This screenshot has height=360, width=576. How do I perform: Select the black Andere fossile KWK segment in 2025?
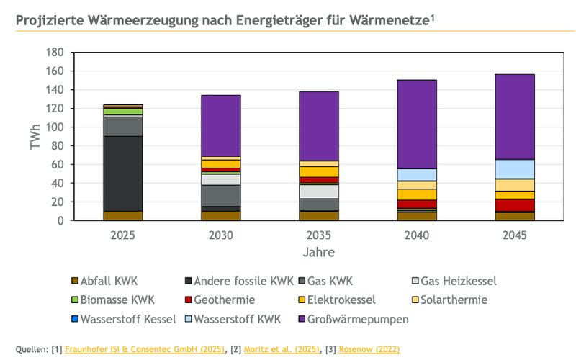point(122,173)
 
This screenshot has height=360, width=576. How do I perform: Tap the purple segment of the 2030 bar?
point(220,125)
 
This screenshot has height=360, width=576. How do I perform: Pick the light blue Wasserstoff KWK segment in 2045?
point(515,168)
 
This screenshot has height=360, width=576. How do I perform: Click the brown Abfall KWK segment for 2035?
point(319,215)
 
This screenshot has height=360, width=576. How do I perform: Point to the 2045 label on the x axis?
point(515,235)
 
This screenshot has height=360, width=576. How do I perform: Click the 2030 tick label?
point(220,235)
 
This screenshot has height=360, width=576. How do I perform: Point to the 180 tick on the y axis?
point(54,53)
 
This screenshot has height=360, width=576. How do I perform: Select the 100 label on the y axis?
point(54,127)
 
